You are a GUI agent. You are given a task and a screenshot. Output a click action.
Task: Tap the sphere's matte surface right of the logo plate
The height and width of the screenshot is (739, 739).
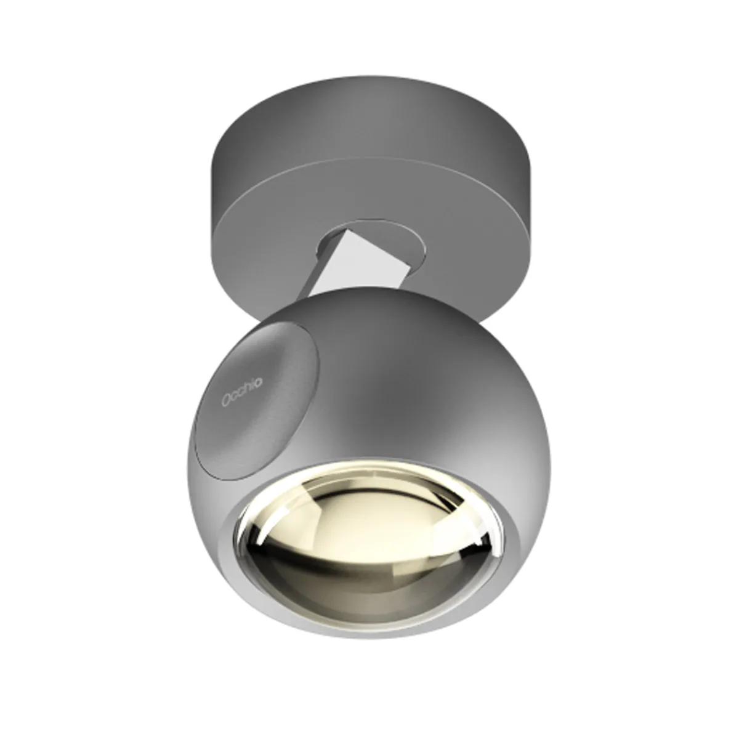pyautogui.click(x=419, y=382)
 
